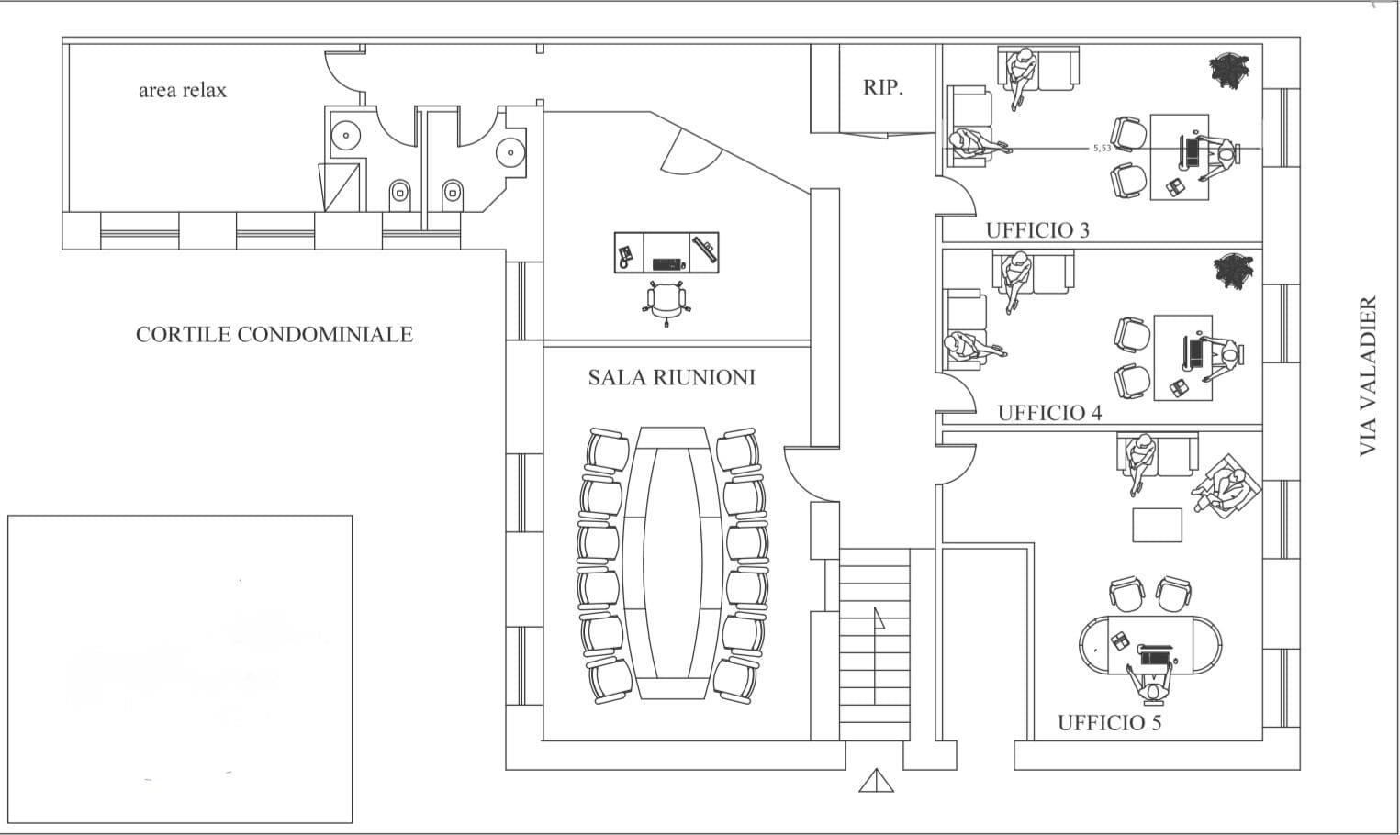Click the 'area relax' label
183,91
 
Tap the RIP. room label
882,87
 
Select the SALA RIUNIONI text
672,377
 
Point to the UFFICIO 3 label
1037,230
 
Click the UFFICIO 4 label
1049,413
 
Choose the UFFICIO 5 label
1109,722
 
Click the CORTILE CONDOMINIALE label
274,334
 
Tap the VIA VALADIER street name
1368,376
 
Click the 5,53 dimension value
1102,148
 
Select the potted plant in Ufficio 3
1228,70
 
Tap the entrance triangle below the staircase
876,781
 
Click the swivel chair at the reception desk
666,303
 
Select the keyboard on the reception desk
666,264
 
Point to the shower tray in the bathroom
339,187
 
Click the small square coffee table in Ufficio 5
1158,525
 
